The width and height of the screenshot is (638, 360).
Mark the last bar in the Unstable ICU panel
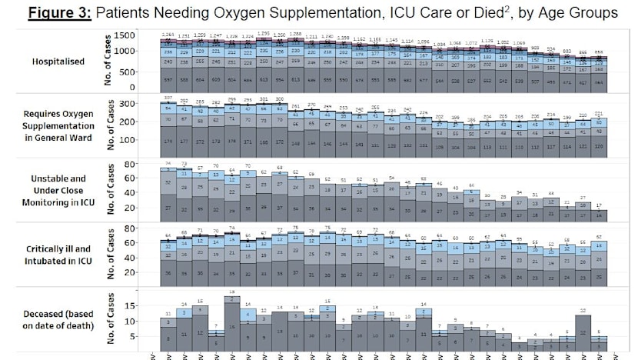coord(601,213)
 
